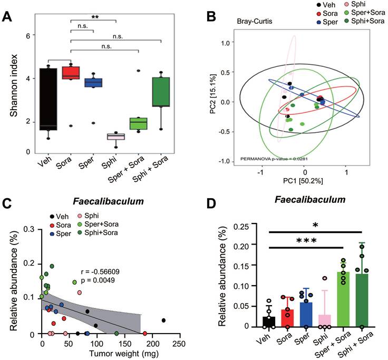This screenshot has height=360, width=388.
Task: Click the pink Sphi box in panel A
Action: [x=115, y=137]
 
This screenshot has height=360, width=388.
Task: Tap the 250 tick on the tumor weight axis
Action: [x=180, y=344]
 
